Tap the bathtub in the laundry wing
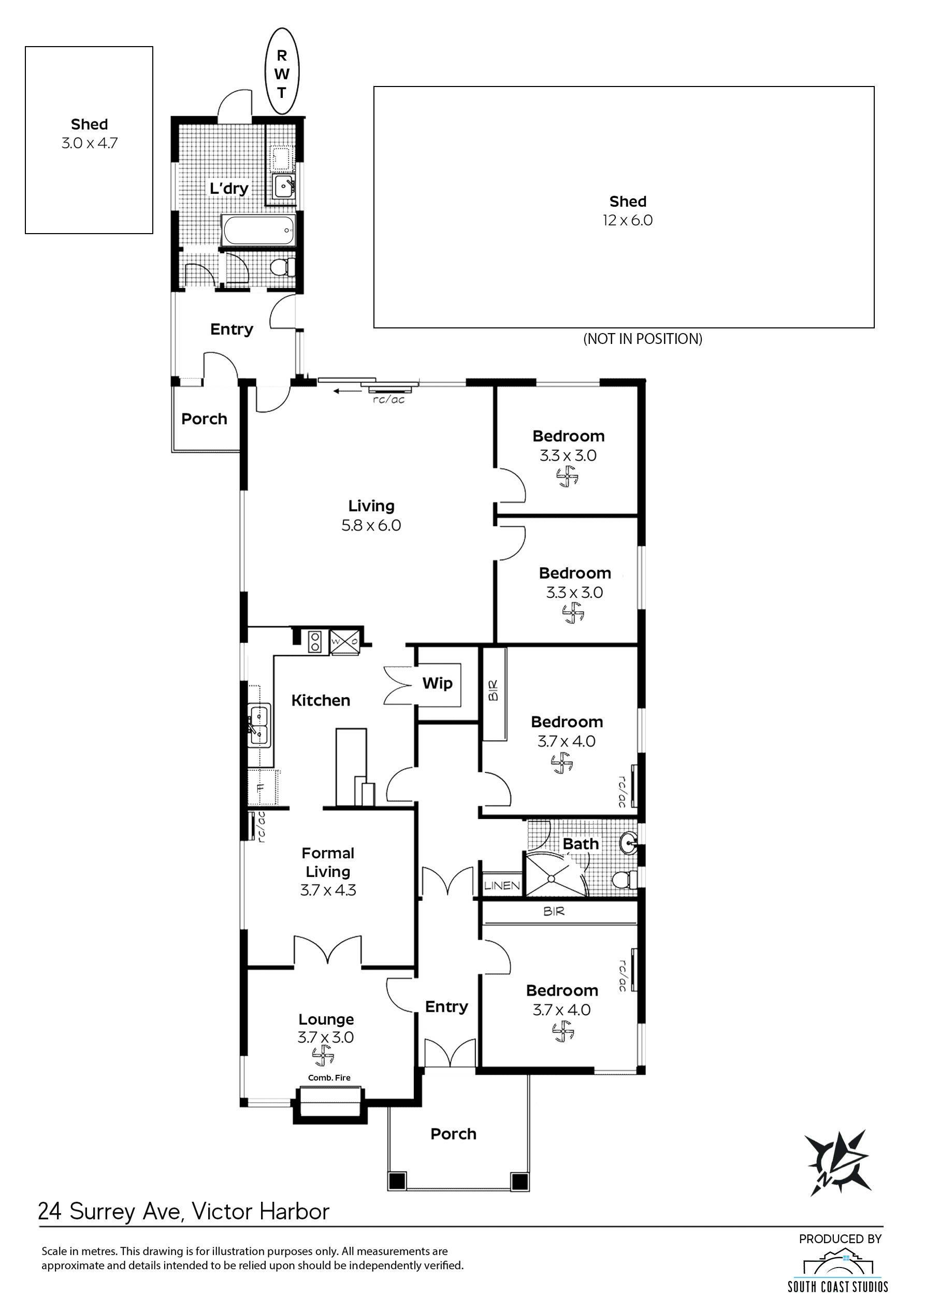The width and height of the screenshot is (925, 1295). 258,230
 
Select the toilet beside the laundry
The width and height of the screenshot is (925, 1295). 282,267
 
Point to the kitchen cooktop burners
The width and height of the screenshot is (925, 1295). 315,642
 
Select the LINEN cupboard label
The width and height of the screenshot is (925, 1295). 502,885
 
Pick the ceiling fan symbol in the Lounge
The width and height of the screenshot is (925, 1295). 324,1057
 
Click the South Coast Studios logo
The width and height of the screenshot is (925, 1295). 837,1268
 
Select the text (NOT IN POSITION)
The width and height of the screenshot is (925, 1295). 643,339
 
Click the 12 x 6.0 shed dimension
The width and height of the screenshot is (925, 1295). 628,221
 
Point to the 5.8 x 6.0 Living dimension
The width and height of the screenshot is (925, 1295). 371,525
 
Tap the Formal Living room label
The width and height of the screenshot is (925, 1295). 328,862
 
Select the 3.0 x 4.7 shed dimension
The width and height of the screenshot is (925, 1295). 90,143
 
